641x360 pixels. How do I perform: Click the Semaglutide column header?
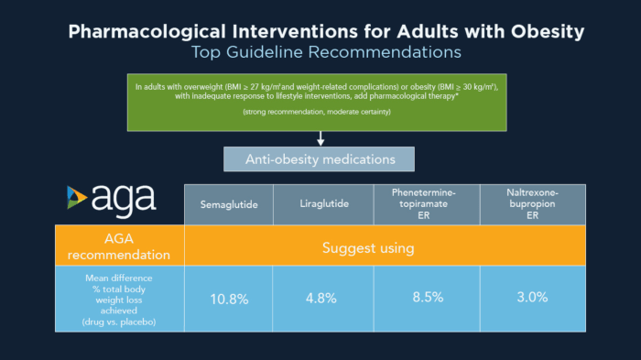coord(229,204)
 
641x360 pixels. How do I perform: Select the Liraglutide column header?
coord(324,204)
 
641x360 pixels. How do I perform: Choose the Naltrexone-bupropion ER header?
coord(532,203)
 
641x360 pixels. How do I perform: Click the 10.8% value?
coord(230,298)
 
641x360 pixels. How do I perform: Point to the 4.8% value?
coord(324,298)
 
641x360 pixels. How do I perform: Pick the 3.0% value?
coord(532,298)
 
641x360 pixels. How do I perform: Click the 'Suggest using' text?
coord(367,247)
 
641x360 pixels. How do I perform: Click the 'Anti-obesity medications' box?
coord(320,158)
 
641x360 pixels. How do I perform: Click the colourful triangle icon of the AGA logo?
coord(76,199)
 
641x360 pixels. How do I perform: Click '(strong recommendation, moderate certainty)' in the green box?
coord(320,111)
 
